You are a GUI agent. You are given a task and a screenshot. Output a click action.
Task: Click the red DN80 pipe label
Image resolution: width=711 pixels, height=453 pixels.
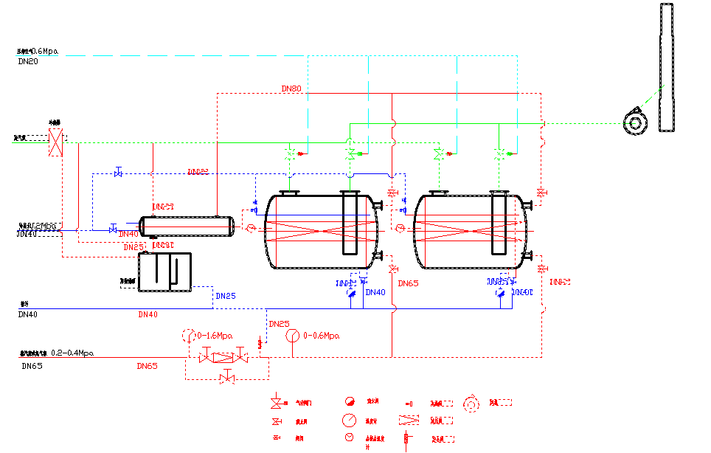(x=291, y=89)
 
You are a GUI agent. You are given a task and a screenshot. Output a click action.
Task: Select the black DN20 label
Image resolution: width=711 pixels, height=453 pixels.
(x=28, y=62)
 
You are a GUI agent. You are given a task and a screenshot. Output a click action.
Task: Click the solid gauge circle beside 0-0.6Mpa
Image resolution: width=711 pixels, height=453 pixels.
(x=293, y=336)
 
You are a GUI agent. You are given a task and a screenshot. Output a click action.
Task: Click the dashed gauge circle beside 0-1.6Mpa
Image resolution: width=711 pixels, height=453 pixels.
(x=188, y=336)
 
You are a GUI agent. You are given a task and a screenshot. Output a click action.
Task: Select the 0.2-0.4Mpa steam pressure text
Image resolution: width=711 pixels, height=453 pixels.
(x=72, y=353)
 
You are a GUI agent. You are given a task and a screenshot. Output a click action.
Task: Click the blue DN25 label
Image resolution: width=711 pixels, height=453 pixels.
(x=225, y=297)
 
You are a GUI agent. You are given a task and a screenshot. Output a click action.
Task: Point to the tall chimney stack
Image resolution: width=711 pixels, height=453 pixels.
(x=667, y=66)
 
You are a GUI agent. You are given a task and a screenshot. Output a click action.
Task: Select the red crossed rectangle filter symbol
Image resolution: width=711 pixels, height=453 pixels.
(x=55, y=142)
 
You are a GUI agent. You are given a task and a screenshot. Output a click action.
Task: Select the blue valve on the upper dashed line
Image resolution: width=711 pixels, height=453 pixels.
(x=118, y=173)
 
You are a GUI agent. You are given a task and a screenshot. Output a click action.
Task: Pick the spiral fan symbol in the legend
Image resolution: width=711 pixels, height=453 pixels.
(x=470, y=404)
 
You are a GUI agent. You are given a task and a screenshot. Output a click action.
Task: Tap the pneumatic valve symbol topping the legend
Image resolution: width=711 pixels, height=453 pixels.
(x=277, y=403)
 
